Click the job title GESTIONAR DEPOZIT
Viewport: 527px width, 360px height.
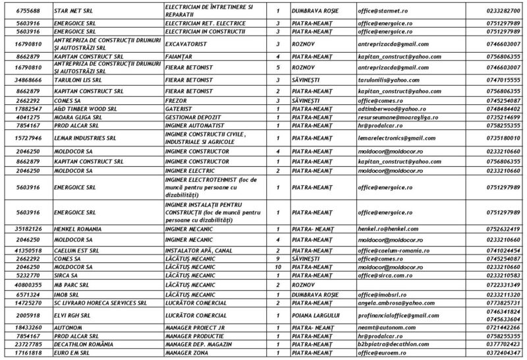(x=194, y=116)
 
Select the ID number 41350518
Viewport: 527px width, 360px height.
(x=25, y=251)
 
